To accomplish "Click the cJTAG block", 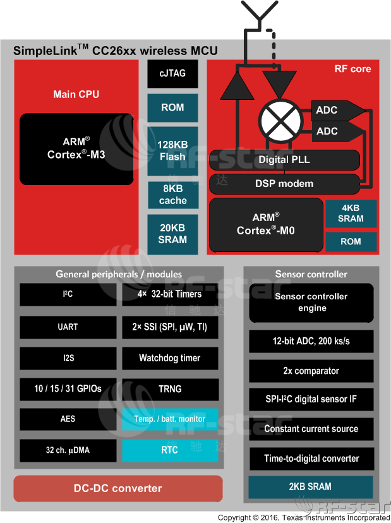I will [x=172, y=74].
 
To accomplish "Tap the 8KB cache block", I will [x=172, y=195].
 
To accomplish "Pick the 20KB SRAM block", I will [x=172, y=234].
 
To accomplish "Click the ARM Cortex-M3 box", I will [x=76, y=149].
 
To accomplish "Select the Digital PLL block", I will [x=284, y=160].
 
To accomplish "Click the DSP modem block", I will [x=284, y=184].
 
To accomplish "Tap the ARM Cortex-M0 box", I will [x=265, y=225].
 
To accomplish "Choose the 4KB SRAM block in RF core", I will [x=351, y=213].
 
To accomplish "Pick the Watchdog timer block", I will [x=170, y=358].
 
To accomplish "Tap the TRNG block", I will [x=170, y=388].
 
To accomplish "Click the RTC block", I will [x=170, y=450].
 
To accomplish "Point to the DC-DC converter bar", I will [x=118, y=488].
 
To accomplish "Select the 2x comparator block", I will [x=311, y=371].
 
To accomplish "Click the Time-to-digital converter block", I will [x=311, y=459].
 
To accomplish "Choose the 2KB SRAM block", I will [x=311, y=486].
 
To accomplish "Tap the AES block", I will [x=68, y=419].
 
